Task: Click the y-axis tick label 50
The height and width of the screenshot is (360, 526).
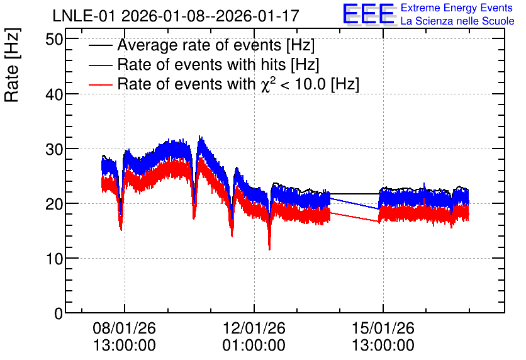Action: point(54,40)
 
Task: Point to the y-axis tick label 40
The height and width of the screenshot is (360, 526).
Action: point(54,94)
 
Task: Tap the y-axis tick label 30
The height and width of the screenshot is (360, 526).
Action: point(54,149)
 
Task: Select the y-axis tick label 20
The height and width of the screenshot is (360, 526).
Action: point(54,204)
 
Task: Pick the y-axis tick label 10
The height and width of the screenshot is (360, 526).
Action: point(54,259)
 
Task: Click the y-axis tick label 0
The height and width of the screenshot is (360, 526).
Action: point(59,313)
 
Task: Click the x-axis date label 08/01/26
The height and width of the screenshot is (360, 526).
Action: point(124,328)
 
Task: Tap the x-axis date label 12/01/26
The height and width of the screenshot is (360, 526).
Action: point(254,328)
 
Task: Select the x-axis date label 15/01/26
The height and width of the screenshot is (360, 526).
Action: point(383,328)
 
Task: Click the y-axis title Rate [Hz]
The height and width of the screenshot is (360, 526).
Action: point(13,65)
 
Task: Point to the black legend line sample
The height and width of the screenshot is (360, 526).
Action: point(100,45)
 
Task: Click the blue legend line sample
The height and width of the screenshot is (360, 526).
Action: point(100,65)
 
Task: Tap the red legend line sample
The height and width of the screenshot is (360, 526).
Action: point(100,84)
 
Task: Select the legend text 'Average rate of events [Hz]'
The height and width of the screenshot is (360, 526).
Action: point(216,45)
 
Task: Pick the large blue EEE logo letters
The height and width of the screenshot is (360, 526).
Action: point(369,14)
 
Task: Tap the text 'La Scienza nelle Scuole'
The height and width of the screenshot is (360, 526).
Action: point(457,21)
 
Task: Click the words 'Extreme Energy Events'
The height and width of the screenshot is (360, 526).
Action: point(457,8)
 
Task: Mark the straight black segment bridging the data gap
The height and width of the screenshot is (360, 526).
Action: point(355,194)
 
